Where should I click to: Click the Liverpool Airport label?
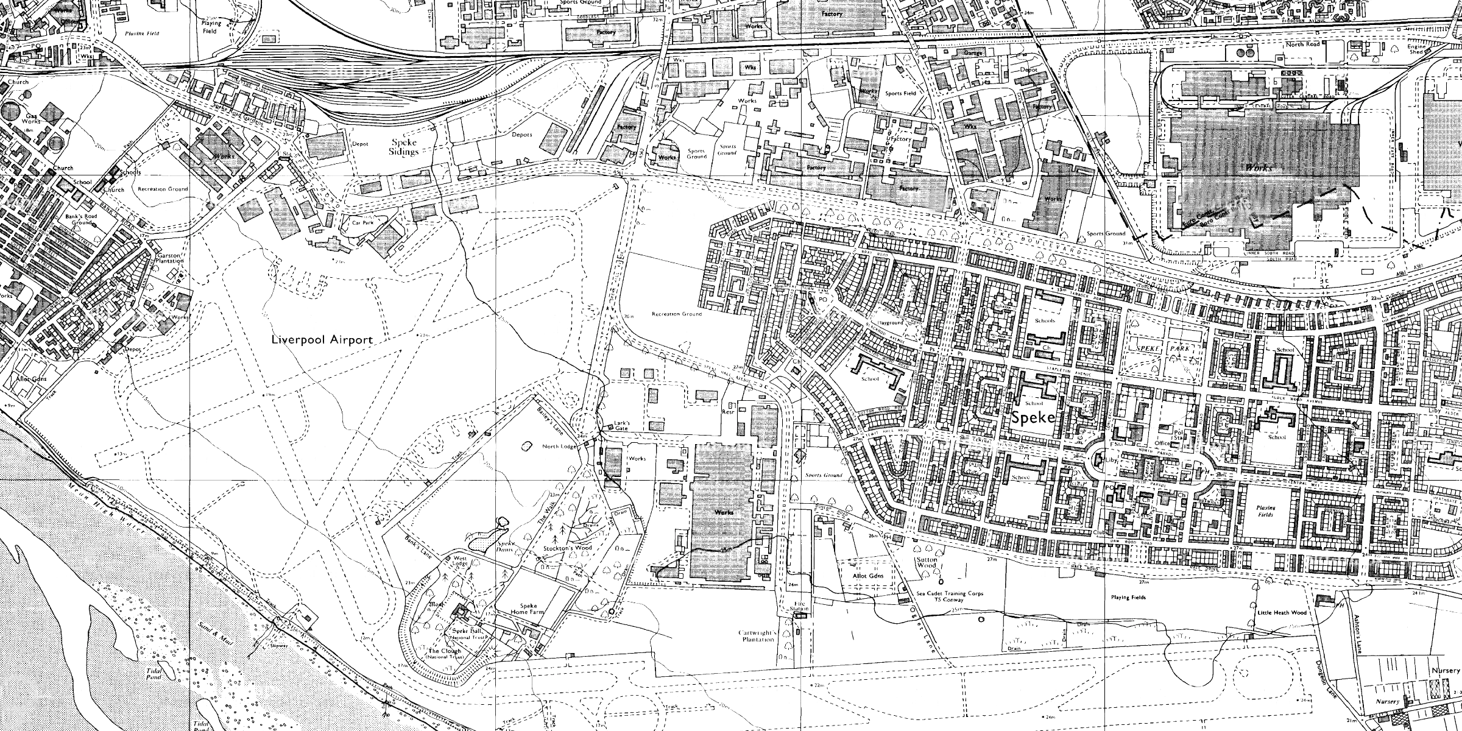[322, 340]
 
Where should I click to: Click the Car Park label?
[362, 223]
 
